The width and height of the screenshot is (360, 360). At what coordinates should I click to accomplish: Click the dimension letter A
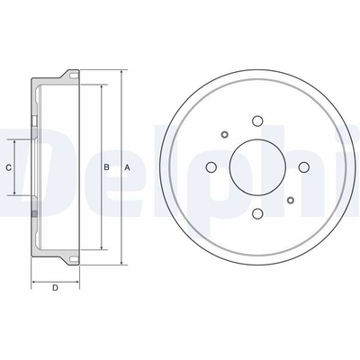[127, 167]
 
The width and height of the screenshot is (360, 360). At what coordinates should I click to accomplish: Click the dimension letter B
[106, 167]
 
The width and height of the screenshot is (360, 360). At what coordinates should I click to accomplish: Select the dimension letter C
[9, 167]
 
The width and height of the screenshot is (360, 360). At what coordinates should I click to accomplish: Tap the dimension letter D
[55, 288]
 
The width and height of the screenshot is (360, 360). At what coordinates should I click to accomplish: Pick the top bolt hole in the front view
[257, 121]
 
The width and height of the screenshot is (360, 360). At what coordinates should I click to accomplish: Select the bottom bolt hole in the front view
[257, 214]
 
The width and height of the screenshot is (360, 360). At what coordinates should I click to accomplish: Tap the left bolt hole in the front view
[211, 167]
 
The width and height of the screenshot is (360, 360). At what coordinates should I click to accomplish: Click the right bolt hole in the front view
[304, 167]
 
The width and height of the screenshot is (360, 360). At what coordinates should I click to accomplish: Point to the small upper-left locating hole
[225, 134]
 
